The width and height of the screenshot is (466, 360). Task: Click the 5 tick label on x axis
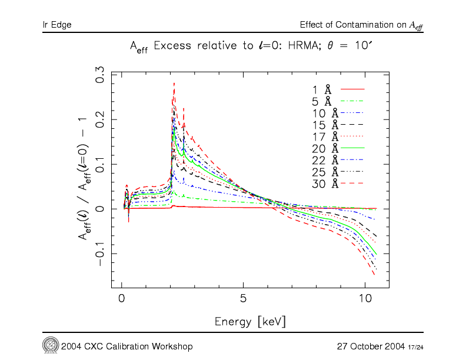[x=243, y=298]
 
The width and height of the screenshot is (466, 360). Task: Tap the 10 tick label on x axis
[x=364, y=298]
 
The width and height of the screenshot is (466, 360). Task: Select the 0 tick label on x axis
[x=122, y=298]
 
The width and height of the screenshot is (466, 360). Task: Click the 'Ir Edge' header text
[x=57, y=25]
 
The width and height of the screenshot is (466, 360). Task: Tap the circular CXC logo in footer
[x=49, y=345]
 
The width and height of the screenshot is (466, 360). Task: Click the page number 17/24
[x=415, y=346]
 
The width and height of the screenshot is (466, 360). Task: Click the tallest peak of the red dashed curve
[x=174, y=84]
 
